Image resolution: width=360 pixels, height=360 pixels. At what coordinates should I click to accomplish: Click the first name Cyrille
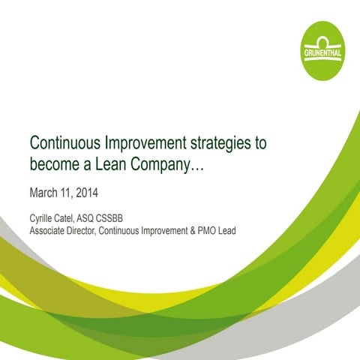41,218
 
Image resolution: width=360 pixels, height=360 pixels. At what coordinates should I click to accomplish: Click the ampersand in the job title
188,230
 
